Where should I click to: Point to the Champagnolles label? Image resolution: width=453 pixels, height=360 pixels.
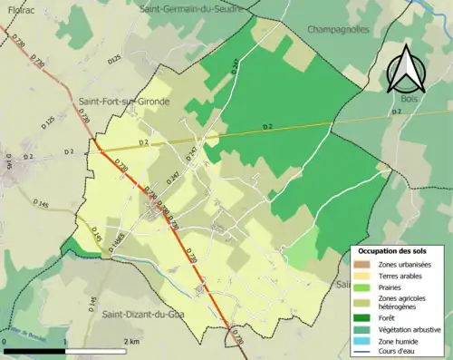[x=344, y=29]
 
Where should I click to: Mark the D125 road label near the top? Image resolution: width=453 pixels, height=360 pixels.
[x=113, y=60]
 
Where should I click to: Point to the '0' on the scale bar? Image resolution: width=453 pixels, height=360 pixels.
[x=5, y=342]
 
